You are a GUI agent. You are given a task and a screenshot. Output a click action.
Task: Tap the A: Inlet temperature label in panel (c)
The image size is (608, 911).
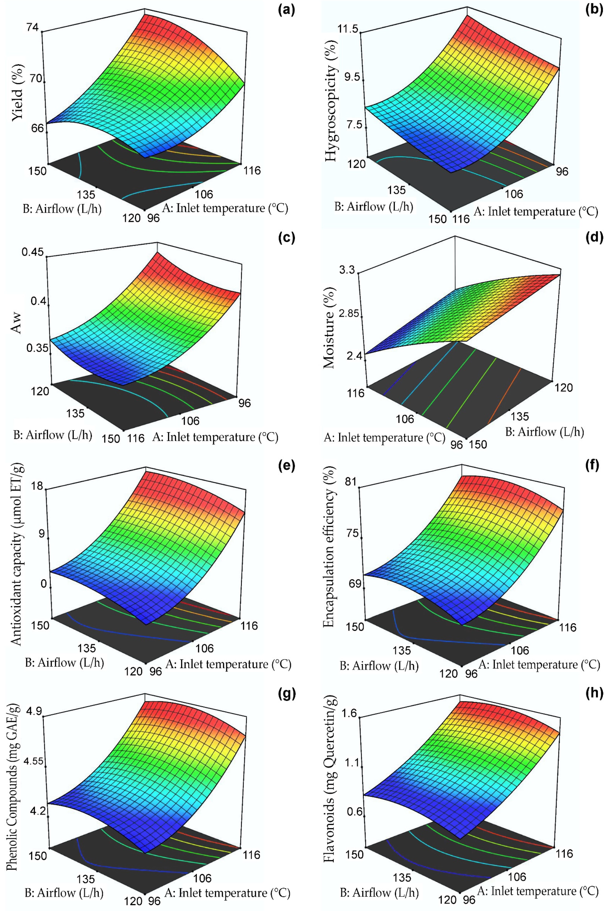[215, 437]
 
